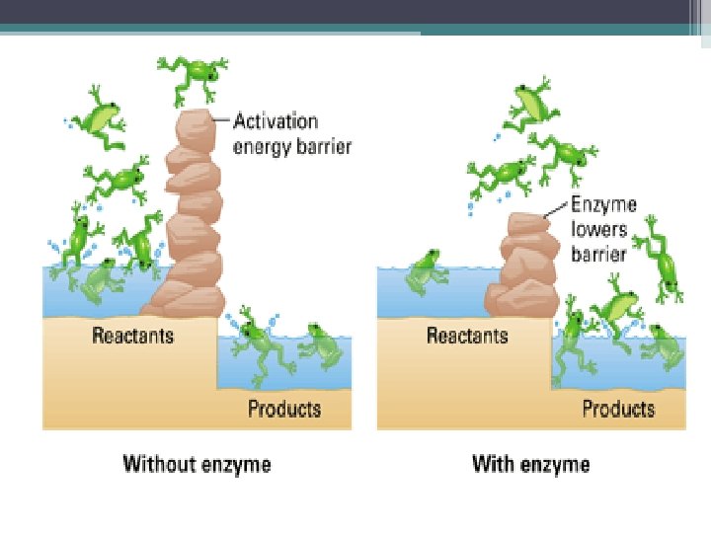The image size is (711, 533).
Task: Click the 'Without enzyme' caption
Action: point(196,463)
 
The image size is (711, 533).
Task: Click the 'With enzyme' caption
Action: point(530,463)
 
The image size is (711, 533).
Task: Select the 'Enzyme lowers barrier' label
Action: point(603,229)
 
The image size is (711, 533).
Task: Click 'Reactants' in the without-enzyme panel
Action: point(133,336)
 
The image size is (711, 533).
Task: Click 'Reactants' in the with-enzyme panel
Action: point(467,336)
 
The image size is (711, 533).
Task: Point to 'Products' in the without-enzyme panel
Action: point(284,408)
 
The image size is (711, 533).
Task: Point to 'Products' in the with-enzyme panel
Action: point(618,408)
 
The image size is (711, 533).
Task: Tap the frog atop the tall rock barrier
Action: point(194,76)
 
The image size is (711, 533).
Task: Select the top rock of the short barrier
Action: point(526,222)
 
